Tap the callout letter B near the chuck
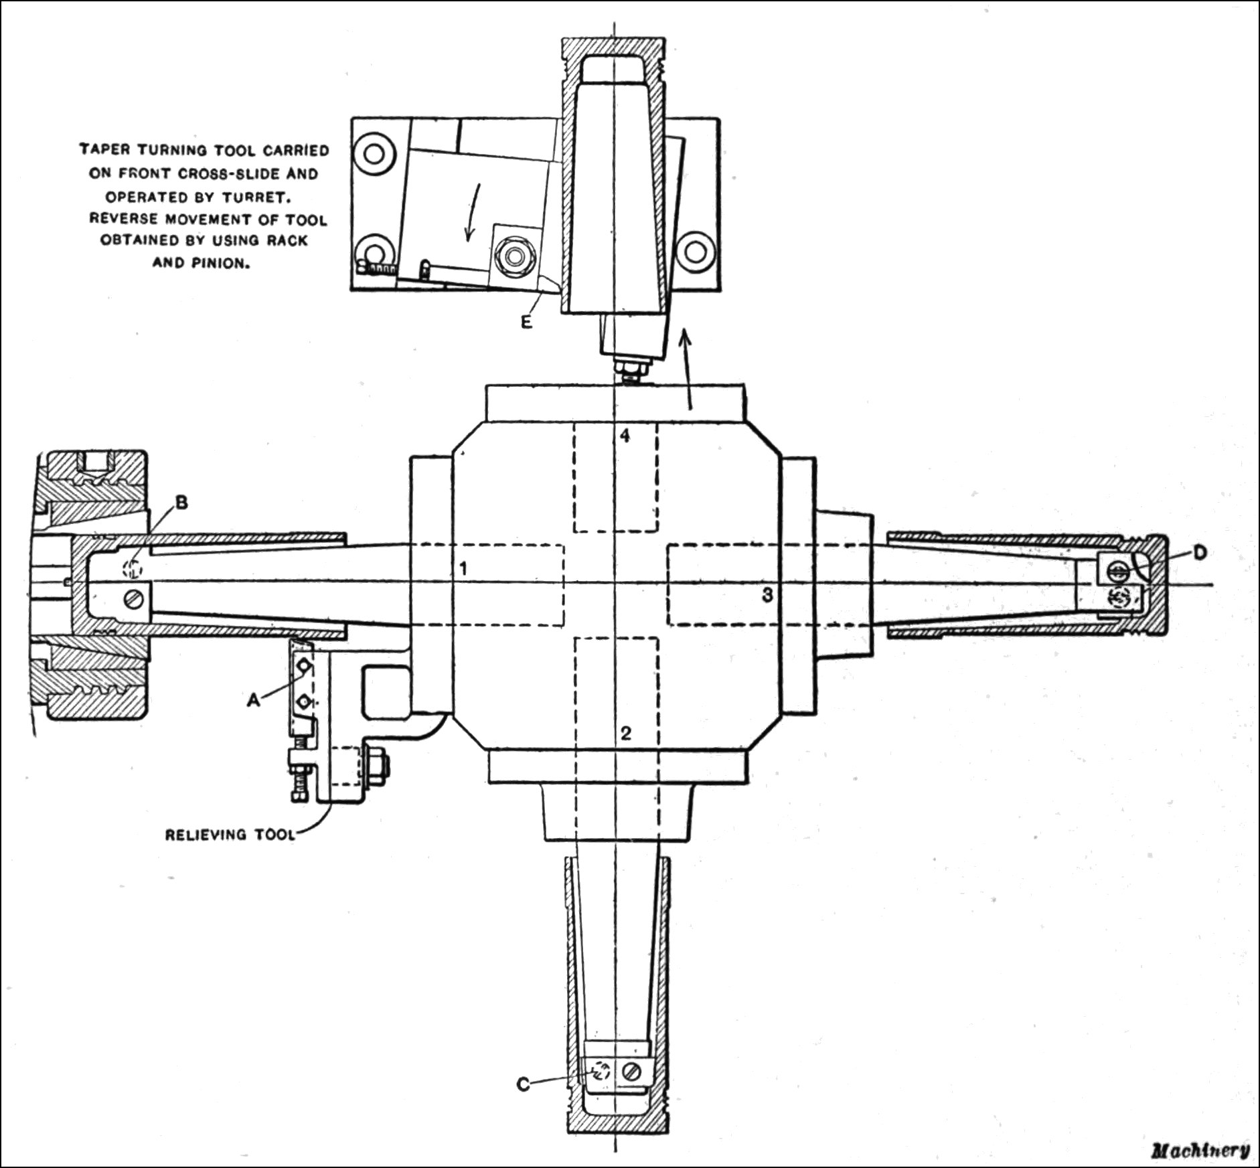(x=181, y=503)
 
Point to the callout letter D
(x=1200, y=552)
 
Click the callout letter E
(x=526, y=322)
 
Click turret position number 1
(x=462, y=570)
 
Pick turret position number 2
(x=625, y=732)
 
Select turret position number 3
(x=768, y=594)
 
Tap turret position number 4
(x=624, y=436)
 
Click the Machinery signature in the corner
(x=1200, y=1150)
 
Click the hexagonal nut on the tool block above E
(x=514, y=255)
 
